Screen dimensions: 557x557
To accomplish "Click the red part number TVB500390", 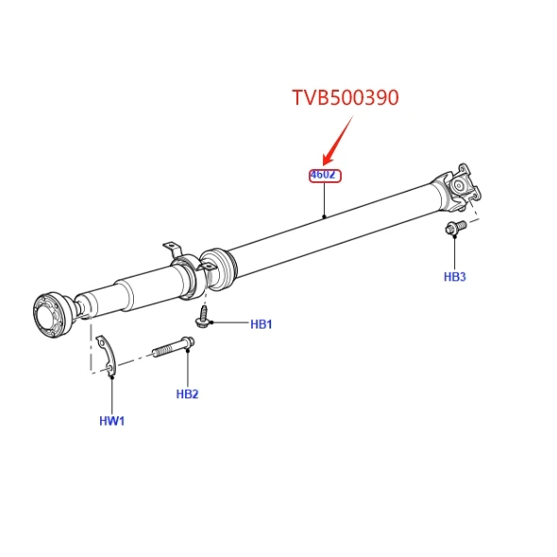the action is (346, 97).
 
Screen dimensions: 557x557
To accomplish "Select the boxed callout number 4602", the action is (325, 176).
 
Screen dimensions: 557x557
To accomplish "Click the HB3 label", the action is (455, 277).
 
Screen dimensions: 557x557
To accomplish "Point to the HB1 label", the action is (262, 325).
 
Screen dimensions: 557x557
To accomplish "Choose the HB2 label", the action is (187, 394).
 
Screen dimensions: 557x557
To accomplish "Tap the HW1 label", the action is (112, 421).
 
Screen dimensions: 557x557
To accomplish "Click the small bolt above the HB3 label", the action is (456, 228).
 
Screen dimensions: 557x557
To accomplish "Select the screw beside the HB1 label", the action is (203, 316).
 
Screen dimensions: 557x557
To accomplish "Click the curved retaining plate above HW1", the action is (108, 355).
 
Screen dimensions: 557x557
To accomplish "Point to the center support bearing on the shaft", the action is (188, 277).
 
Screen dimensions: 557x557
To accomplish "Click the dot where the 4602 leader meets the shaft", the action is (324, 216).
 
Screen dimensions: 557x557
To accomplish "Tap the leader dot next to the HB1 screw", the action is (211, 323).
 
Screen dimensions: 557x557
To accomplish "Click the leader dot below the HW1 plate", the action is (112, 377).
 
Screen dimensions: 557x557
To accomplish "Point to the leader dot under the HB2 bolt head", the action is (188, 351).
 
